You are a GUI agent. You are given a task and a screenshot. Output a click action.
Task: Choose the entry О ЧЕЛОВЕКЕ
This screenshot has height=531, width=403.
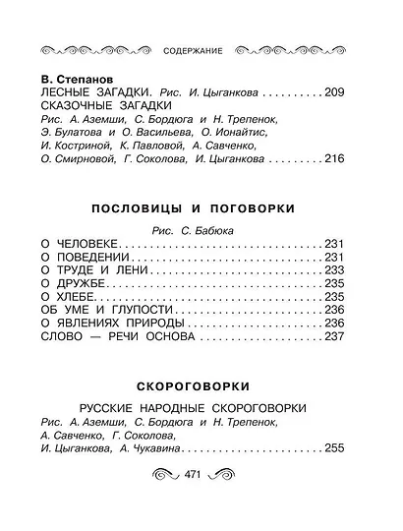click(81, 242)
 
